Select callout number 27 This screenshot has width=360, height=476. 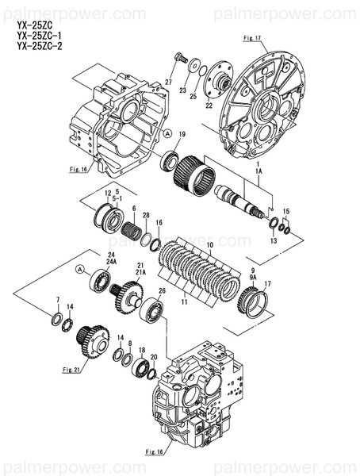(168, 83)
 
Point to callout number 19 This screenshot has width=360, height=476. (182, 134)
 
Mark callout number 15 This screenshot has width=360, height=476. (286, 211)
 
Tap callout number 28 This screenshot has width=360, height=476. (146, 215)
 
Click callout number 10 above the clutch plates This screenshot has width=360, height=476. (209, 245)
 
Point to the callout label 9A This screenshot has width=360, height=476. (254, 278)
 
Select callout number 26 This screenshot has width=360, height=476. (162, 290)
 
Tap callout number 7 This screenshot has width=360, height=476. (57, 299)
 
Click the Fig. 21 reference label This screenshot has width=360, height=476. (72, 369)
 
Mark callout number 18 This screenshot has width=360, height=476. (142, 350)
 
